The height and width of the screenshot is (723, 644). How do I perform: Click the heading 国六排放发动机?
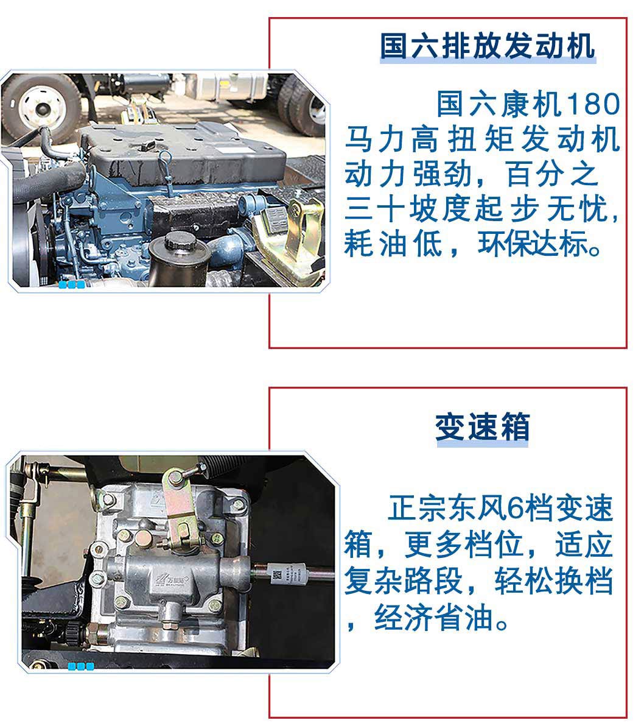488,46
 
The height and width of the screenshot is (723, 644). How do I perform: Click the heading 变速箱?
482,428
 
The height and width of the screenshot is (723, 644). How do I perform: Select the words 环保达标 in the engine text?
534,244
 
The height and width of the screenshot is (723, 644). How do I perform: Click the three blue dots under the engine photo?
72,284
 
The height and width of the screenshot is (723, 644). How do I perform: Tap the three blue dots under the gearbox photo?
81,666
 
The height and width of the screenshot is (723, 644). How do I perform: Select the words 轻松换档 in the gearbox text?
554,580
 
